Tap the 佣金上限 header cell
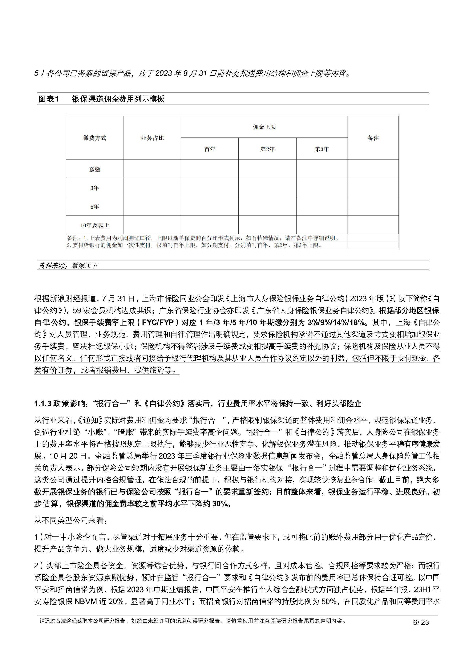click(264, 127)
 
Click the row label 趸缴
click(95, 169)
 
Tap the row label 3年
click(95, 188)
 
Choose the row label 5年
click(95, 207)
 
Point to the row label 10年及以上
click(95, 225)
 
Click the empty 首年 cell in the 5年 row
click(210, 207)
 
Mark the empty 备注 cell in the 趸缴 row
click(373, 169)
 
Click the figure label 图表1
click(49, 99)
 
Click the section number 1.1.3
click(43, 403)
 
